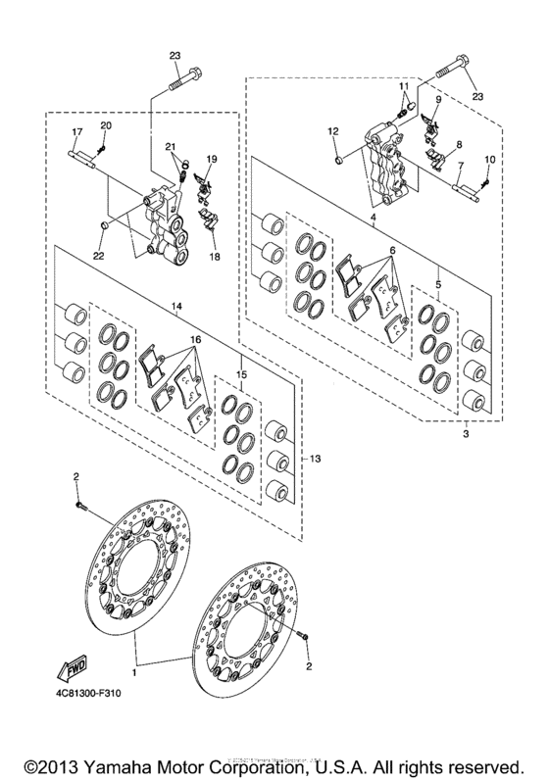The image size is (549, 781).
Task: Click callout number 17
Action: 75,131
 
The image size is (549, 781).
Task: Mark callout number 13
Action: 315,460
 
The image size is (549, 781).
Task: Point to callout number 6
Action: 391,251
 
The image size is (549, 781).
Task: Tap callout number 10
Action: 490,159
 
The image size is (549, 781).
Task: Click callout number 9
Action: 437,100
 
